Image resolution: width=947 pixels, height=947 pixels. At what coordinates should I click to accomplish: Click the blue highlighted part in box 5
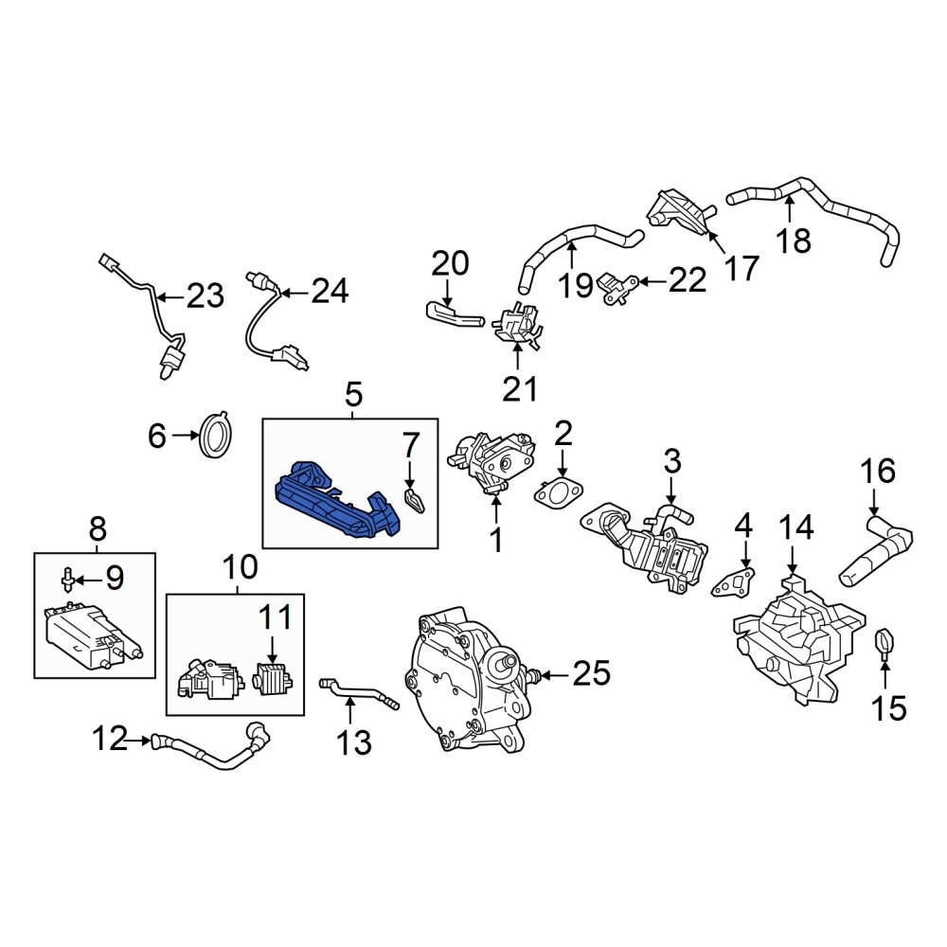tap(338, 501)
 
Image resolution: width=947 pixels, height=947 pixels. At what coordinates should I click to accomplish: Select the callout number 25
tap(591, 672)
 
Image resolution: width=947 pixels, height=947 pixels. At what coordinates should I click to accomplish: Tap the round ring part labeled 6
tap(216, 434)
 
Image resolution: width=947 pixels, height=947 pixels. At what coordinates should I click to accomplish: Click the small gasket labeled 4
tap(733, 581)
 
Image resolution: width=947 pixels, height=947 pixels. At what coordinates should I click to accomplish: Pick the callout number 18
tap(794, 241)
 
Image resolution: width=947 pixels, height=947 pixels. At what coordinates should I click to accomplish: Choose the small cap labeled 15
tap(884, 644)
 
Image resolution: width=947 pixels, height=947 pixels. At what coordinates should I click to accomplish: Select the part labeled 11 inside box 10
tap(275, 678)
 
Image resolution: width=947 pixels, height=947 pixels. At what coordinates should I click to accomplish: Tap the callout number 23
tap(205, 295)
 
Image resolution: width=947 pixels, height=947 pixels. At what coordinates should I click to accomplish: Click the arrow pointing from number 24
tap(295, 293)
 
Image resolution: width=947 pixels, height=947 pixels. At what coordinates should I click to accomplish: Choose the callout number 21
tap(520, 389)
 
